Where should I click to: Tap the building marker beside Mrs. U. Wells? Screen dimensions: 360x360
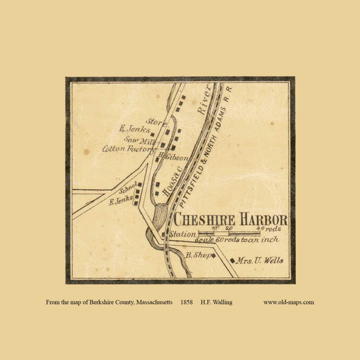[232, 260]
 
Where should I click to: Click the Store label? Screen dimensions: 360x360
[155, 121]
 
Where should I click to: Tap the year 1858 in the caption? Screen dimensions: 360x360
[187, 302]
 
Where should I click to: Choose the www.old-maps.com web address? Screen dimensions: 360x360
[288, 302]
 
